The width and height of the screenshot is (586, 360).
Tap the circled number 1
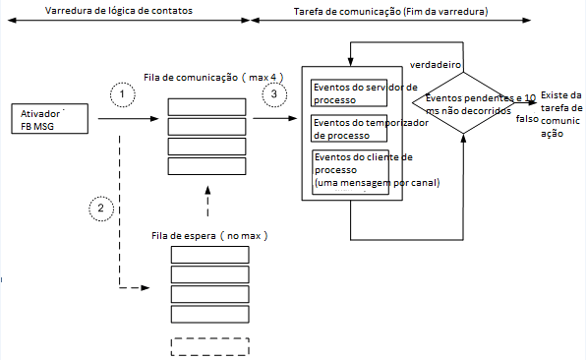pyautogui.click(x=120, y=93)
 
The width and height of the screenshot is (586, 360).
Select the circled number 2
pyautogui.click(x=100, y=208)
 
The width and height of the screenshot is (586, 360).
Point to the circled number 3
pyautogui.click(x=274, y=93)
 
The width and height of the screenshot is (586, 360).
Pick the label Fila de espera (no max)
pyautogui.click(x=210, y=236)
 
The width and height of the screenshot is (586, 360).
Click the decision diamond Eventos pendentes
pyautogui.click(x=467, y=104)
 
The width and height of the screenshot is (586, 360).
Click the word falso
pyautogui.click(x=528, y=116)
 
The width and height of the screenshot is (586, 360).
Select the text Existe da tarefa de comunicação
pyautogui.click(x=560, y=114)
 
